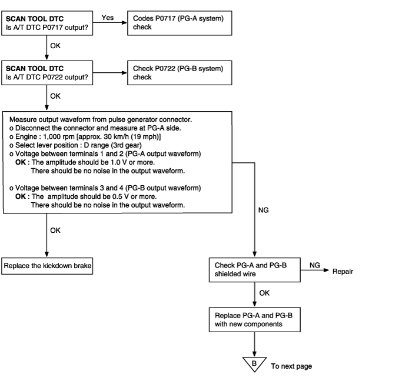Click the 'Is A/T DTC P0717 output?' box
click(x=47, y=23)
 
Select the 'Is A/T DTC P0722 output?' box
click(x=47, y=73)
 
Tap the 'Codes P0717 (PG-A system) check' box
click(x=180, y=23)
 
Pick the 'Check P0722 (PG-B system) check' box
click(x=180, y=73)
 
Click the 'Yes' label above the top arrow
click(x=108, y=18)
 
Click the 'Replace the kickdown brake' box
click(x=47, y=266)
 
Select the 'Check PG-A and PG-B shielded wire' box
click(x=255, y=270)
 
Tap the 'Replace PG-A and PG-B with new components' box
click(x=255, y=320)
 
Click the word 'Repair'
click(x=343, y=271)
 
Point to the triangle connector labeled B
click(x=254, y=364)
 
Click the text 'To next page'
click(x=291, y=366)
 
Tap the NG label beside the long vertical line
click(x=263, y=210)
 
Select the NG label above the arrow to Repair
click(x=314, y=265)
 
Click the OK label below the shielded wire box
click(x=264, y=293)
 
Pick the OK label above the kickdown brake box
click(x=55, y=230)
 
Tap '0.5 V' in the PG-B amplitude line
click(x=121, y=196)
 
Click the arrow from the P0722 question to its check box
click(x=110, y=73)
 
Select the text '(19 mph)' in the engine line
click(x=149, y=137)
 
